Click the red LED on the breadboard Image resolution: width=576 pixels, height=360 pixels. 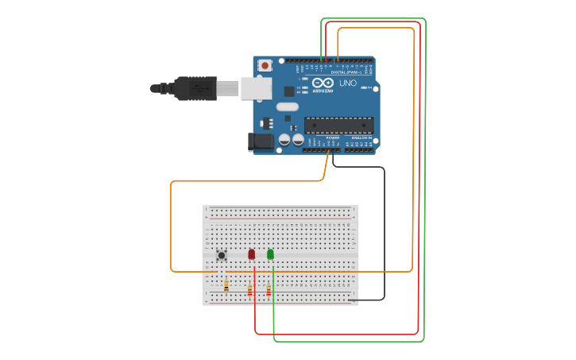[x=252, y=254]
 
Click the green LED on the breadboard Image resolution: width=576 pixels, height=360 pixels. [x=271, y=254]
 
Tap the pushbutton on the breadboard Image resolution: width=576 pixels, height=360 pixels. [x=222, y=255]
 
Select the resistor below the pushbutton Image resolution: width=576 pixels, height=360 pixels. [x=226, y=286]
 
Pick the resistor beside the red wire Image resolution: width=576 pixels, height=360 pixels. [x=250, y=291]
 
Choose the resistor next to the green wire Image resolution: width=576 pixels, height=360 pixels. [x=269, y=291]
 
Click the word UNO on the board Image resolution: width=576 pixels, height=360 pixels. [x=348, y=83]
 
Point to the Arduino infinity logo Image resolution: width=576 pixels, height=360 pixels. [x=323, y=83]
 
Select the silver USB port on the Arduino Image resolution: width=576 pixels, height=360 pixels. [x=257, y=88]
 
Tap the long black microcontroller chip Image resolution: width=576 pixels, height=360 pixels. [x=339, y=126]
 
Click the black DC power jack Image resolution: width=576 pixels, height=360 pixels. [x=261, y=142]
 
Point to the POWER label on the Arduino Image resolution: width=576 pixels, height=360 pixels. [x=332, y=137]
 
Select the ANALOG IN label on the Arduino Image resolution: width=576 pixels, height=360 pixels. [x=361, y=137]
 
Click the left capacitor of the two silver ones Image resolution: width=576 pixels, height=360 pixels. [x=284, y=140]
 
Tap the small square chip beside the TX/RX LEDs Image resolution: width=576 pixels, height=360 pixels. [x=288, y=91]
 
